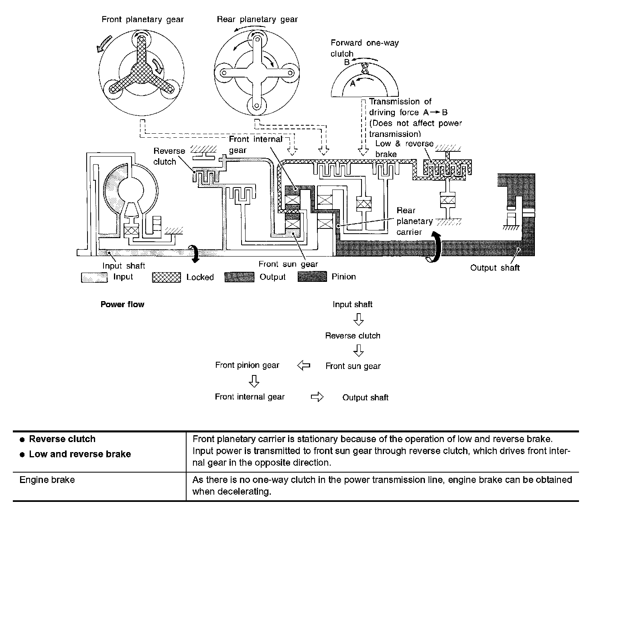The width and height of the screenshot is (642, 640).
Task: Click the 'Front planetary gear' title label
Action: [x=142, y=19]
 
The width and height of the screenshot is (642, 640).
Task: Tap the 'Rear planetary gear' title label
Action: [x=257, y=19]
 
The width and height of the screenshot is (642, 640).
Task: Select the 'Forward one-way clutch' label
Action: [x=364, y=48]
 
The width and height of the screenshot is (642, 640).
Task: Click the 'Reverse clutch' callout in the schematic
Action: [x=169, y=156]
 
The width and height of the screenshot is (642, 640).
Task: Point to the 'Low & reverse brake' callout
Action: [x=404, y=149]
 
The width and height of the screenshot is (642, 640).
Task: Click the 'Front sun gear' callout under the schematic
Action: [x=288, y=264]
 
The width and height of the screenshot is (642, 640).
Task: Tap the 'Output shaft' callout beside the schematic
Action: [x=495, y=268]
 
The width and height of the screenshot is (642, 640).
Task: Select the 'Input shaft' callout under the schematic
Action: [x=124, y=266]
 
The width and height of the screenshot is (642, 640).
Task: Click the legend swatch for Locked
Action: [x=167, y=277]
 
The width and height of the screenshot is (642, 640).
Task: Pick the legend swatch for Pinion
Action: [x=312, y=277]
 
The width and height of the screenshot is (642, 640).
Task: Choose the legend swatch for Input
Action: [x=94, y=277]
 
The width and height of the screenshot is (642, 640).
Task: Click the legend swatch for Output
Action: [x=239, y=277]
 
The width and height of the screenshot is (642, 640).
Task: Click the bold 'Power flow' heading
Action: [x=122, y=304]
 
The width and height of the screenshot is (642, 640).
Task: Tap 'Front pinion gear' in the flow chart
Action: [x=247, y=365]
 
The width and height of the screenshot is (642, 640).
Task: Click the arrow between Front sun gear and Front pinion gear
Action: [x=304, y=365]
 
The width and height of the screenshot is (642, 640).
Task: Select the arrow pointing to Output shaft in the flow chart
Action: [x=317, y=397]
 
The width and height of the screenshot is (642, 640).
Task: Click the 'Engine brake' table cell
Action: [x=47, y=480]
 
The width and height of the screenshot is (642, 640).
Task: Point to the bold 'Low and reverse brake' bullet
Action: [x=80, y=454]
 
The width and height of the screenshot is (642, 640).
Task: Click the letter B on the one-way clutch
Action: [x=347, y=63]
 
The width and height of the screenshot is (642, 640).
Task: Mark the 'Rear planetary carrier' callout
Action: [x=409, y=221]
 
